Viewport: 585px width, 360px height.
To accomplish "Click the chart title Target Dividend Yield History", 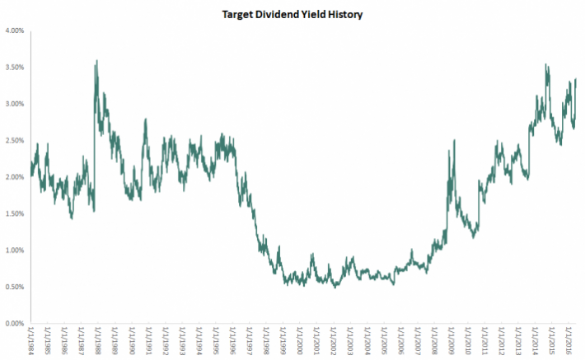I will coord(292,15).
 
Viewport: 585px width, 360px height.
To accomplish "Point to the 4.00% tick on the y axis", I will coord(14,31).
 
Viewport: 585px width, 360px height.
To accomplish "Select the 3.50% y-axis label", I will coord(14,68).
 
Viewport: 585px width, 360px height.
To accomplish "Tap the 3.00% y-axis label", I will coord(14,104).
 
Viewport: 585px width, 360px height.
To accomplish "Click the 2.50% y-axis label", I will coord(14,141).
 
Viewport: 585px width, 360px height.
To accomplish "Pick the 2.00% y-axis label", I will coord(14,177).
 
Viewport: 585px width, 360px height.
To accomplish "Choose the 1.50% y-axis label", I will coord(14,213).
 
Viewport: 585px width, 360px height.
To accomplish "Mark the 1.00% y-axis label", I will coord(14,250).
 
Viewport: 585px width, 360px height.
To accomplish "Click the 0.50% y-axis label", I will coord(14,287).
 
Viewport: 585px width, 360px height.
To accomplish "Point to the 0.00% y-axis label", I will coord(14,324).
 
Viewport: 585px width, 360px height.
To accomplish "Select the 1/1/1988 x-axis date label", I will coord(98,341).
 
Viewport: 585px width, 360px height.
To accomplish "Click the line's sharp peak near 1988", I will coord(97,60).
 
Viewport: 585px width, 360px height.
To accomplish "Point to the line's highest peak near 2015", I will coord(546,65).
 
